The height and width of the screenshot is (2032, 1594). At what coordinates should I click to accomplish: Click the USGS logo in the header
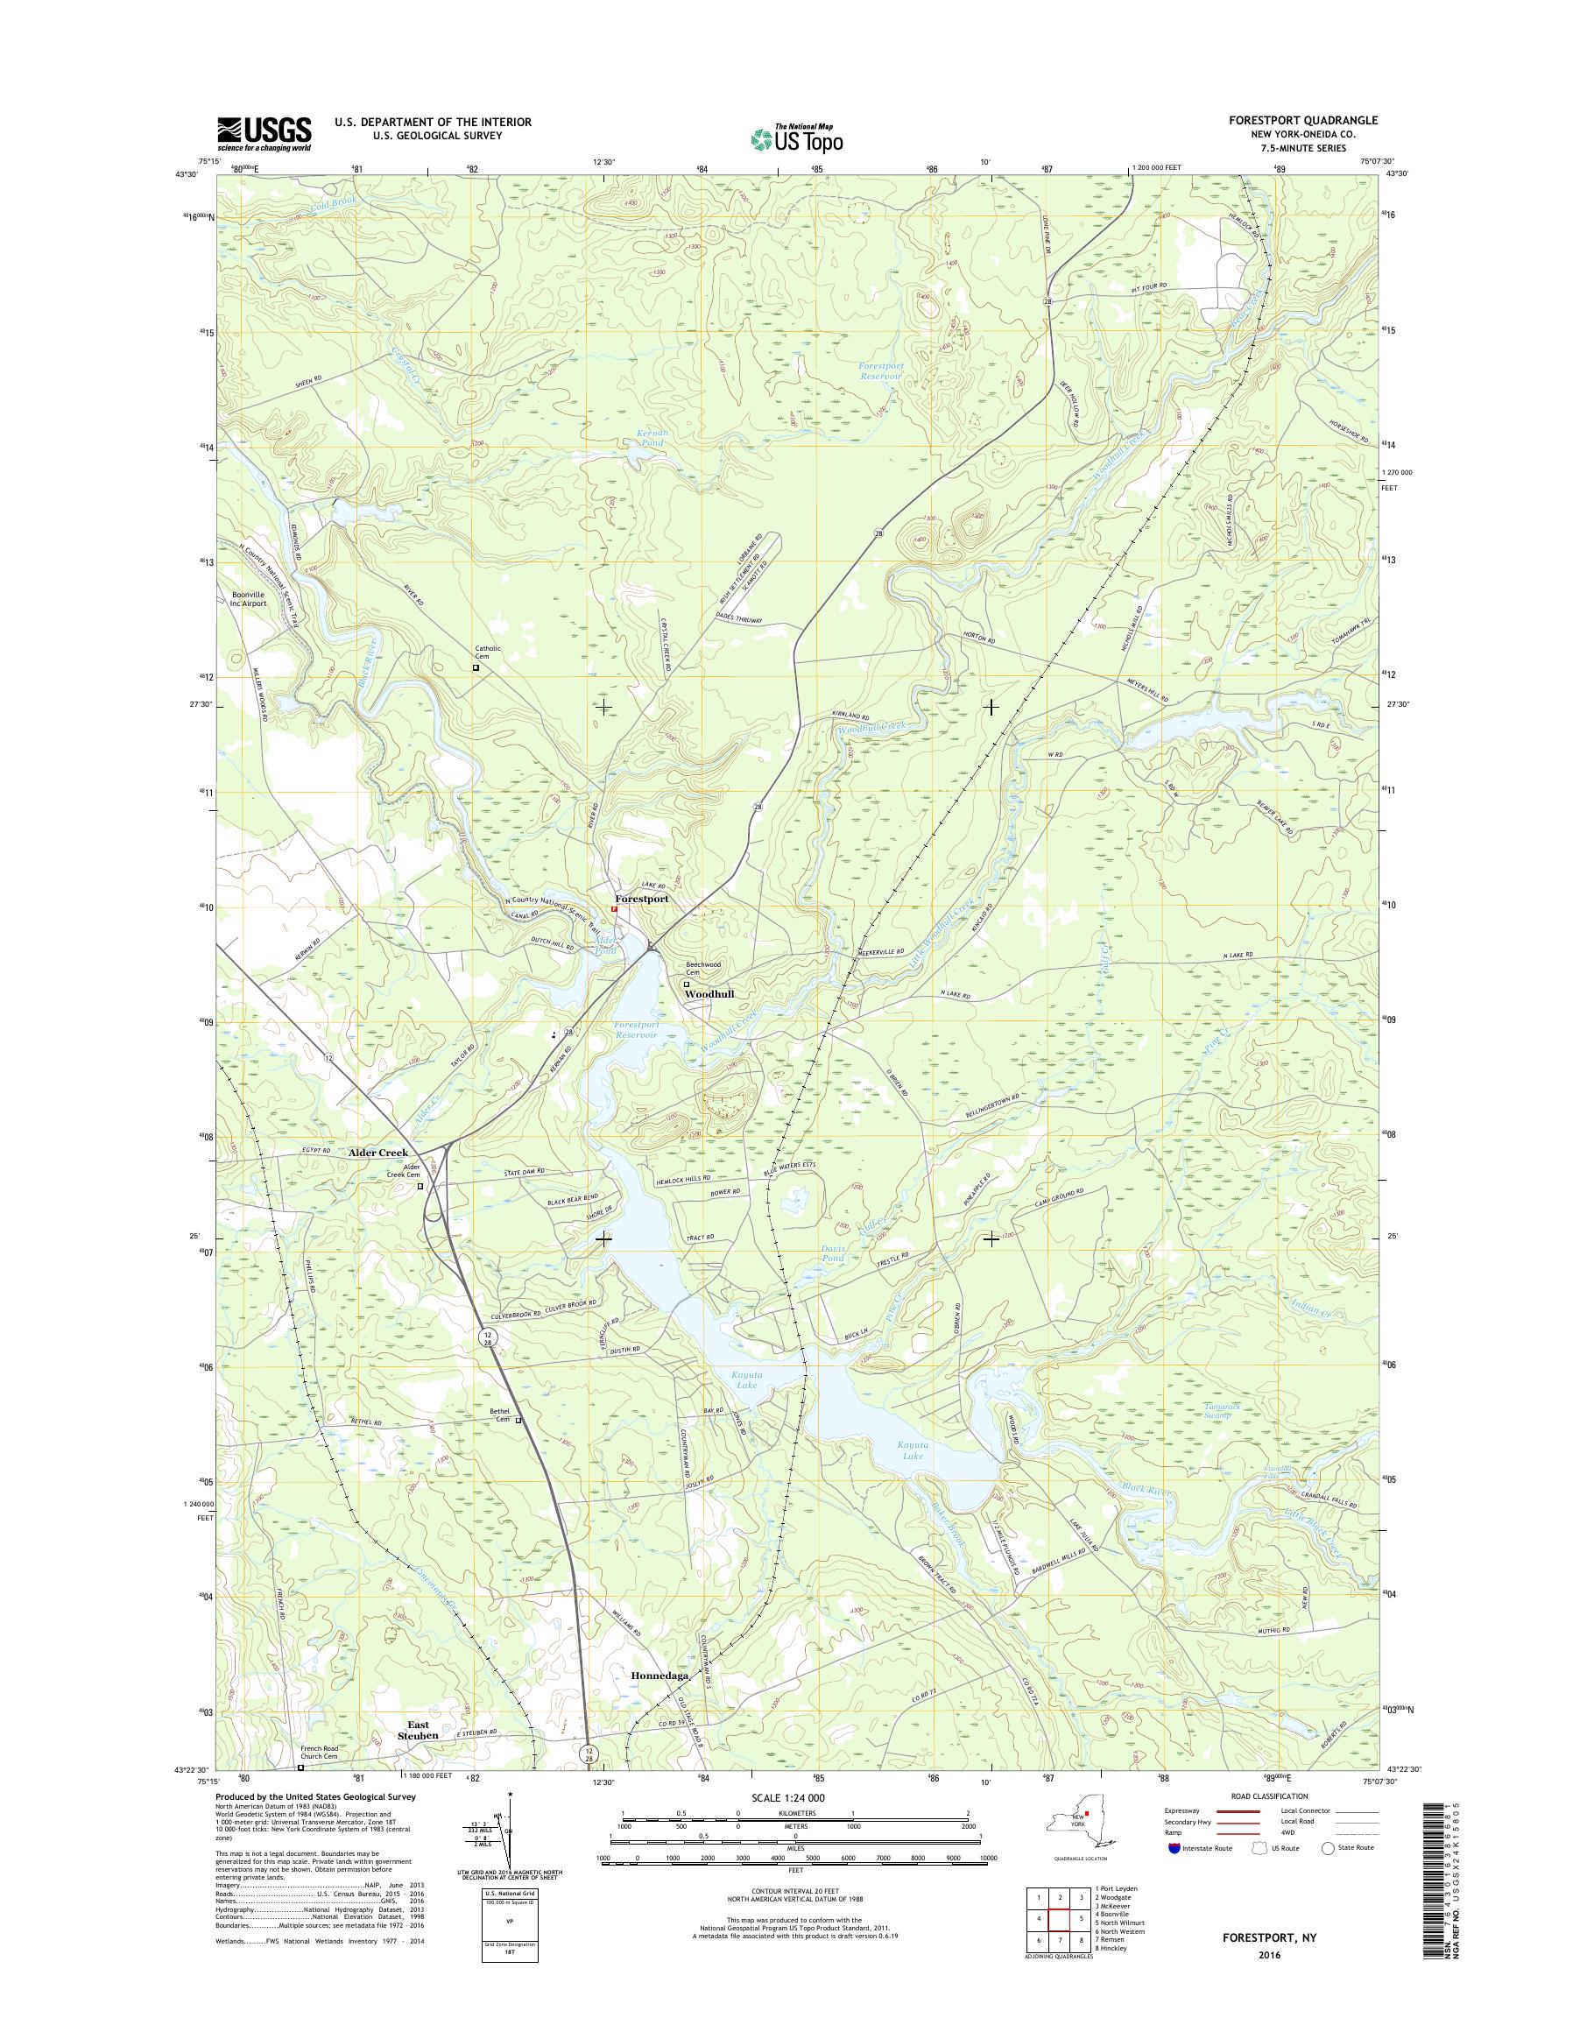[264, 133]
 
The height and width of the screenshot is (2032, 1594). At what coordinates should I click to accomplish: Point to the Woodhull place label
[709, 995]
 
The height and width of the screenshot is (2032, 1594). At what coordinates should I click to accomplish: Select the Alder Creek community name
[378, 1153]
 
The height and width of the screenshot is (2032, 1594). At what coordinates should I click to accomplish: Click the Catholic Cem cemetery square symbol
[475, 667]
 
